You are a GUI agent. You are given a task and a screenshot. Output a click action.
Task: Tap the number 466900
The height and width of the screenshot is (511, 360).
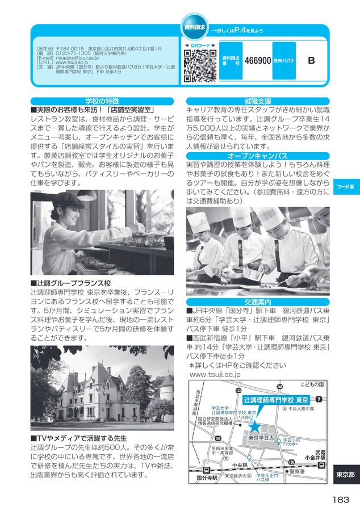[257, 60]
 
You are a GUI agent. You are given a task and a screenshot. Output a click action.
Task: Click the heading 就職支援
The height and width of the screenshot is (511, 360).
[257, 100]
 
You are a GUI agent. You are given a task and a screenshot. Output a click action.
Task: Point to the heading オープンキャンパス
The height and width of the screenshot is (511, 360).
[257, 155]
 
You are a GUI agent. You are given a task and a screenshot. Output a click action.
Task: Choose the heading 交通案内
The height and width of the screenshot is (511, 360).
[257, 301]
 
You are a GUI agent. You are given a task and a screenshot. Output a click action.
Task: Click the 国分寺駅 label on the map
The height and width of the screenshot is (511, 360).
[207, 478]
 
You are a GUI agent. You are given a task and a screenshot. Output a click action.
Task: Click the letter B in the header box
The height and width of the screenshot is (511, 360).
[311, 60]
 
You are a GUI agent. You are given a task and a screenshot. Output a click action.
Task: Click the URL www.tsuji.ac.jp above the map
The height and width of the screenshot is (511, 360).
[215, 375]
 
